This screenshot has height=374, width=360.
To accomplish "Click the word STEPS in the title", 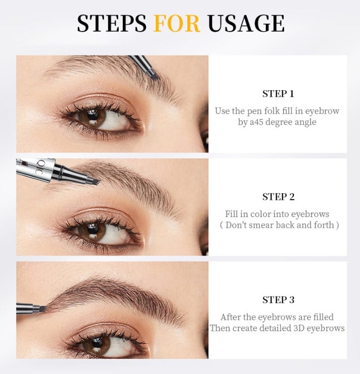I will click(112, 24).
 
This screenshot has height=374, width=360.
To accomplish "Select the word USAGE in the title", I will click(246, 24).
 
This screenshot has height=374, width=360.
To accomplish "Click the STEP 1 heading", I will click(278, 94).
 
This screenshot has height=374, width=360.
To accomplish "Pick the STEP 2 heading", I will click(278, 197).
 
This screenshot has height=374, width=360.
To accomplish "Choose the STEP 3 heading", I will click(278, 300).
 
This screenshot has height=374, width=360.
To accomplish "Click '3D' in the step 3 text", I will click(300, 328).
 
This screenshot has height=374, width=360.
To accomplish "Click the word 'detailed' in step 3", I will click(271, 328).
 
